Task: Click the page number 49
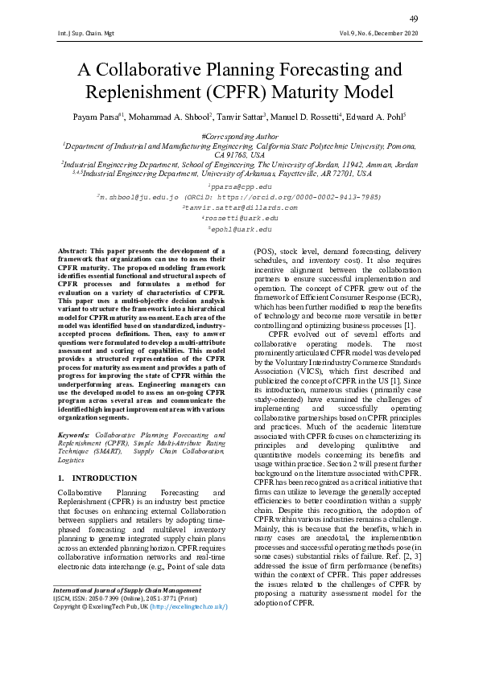(x=414, y=18)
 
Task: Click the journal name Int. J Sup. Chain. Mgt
(x=79, y=34)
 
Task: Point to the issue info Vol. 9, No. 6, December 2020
(x=379, y=34)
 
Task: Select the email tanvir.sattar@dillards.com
(x=240, y=207)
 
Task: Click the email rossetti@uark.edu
(x=240, y=218)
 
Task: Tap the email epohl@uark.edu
(x=239, y=228)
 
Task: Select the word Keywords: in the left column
(x=75, y=435)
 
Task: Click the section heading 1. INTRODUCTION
(x=97, y=478)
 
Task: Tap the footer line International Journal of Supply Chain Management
(x=126, y=635)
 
